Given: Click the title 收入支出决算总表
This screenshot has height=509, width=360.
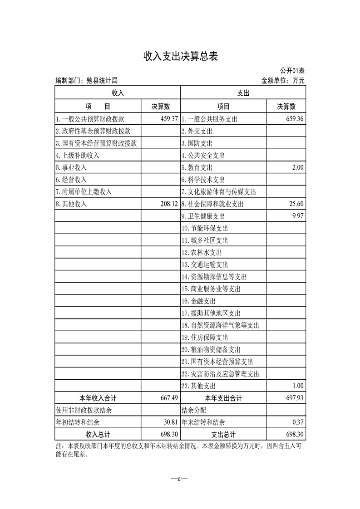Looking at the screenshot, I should (x=181, y=56).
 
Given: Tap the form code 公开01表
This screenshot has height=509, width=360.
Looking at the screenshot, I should (x=292, y=71).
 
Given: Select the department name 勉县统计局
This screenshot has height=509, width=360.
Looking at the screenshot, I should (x=99, y=81).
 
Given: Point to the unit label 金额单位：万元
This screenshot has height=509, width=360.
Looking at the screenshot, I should (x=283, y=81).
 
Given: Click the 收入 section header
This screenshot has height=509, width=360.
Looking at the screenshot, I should (x=118, y=93).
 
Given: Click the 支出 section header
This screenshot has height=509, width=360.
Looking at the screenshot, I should (x=243, y=93).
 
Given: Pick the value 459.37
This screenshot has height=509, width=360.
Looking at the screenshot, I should (x=166, y=119).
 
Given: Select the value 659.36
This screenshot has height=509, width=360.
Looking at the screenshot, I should (x=292, y=119).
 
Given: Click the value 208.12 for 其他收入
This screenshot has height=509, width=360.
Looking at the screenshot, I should (x=166, y=204).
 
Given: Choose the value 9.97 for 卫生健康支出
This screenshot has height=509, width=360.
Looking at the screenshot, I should (x=297, y=216).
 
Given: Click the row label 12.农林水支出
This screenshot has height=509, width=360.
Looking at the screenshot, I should (x=202, y=253).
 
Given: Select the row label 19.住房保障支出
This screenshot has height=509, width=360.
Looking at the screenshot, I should (x=204, y=338).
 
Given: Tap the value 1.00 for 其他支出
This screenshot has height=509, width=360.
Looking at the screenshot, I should (x=297, y=386).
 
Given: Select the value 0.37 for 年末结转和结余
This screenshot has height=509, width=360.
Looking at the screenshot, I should (x=297, y=422).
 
